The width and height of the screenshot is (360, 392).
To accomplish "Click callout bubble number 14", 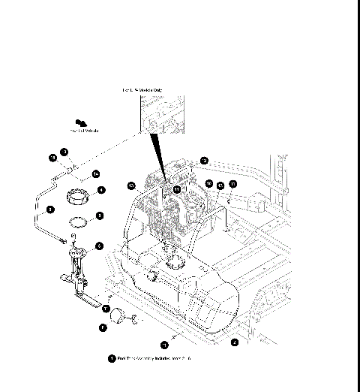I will (96, 173).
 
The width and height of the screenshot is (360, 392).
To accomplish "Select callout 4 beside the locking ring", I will (100, 190).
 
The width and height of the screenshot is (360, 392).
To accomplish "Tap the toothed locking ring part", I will (78, 198).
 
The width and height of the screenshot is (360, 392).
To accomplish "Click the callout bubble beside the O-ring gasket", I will (100, 215).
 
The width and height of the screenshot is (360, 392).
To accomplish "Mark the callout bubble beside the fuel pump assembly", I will (99, 246).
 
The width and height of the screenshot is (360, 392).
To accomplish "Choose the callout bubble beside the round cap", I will (103, 327).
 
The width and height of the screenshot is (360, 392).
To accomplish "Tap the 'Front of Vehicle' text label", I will (86, 130).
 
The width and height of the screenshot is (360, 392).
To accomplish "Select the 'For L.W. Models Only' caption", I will (142, 89).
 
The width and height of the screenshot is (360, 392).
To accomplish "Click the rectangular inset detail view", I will (162, 113).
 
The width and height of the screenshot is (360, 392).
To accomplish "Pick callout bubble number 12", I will (204, 160).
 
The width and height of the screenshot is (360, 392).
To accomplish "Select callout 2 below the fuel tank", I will (234, 342).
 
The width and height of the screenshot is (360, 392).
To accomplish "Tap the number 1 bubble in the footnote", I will (112, 359).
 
